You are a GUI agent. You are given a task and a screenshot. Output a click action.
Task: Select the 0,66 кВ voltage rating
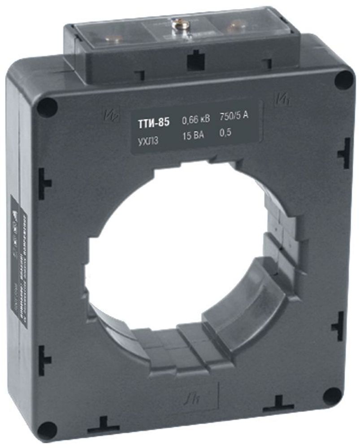tap(195, 120)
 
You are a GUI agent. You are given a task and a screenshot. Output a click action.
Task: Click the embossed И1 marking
tap(281, 97)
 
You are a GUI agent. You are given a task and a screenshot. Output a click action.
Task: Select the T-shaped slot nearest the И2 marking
tap(44, 183)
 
